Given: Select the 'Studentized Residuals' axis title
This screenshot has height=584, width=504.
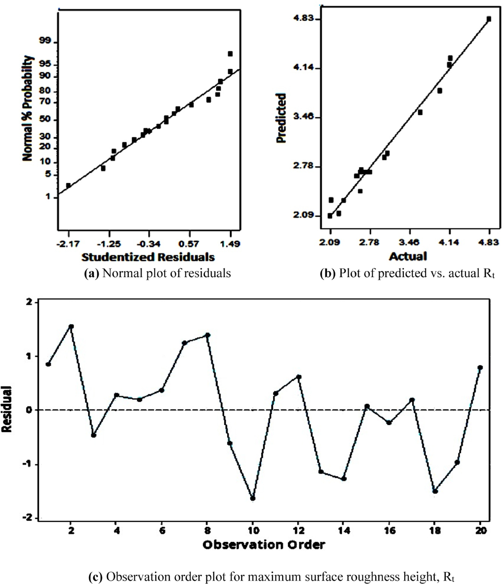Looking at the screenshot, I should [148, 257].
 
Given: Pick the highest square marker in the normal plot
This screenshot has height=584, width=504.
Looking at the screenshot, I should [230, 54].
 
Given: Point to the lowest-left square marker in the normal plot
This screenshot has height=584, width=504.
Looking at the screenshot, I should [68, 185].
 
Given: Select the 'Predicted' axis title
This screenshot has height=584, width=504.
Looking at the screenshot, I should [281, 118].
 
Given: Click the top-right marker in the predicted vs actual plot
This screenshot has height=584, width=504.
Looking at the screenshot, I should [489, 19].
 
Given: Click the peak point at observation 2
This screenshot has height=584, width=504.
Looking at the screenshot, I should [71, 326].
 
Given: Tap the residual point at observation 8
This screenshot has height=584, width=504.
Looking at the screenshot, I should [208, 335].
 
